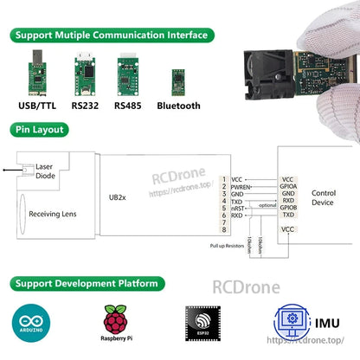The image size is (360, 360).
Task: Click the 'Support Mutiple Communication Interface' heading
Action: tap(111, 35)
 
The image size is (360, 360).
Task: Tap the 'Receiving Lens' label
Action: tap(55, 214)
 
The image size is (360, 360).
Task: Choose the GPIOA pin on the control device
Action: tap(288, 185)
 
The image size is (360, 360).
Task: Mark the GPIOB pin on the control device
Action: tap(288, 208)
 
